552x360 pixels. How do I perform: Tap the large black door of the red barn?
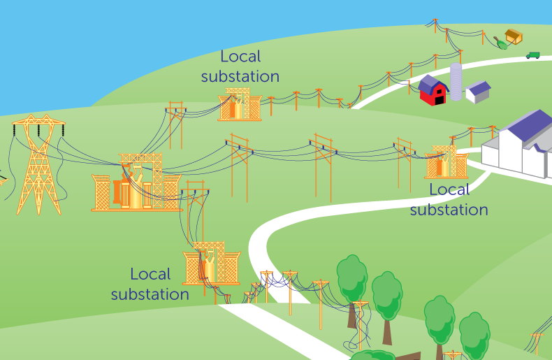click(440, 101)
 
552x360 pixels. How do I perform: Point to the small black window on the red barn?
click(439, 92)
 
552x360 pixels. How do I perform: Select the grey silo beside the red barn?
click(456, 82)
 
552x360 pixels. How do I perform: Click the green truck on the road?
click(533, 55)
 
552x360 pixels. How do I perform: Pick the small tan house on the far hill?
click(514, 36)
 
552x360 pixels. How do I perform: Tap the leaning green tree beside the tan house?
click(500, 43)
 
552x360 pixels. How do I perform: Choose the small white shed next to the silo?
click(478, 92)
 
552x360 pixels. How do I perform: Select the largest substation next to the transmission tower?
click(137, 182)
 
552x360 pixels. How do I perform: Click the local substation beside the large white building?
click(446, 162)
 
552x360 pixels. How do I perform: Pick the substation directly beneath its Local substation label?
click(240, 104)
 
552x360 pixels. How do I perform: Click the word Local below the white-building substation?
click(449, 190)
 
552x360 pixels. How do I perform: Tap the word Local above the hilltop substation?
click(240, 57)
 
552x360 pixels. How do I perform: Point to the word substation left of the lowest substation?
click(150, 294)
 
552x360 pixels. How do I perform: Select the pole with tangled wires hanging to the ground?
click(360, 325)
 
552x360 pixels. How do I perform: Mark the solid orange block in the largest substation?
click(117, 192)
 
